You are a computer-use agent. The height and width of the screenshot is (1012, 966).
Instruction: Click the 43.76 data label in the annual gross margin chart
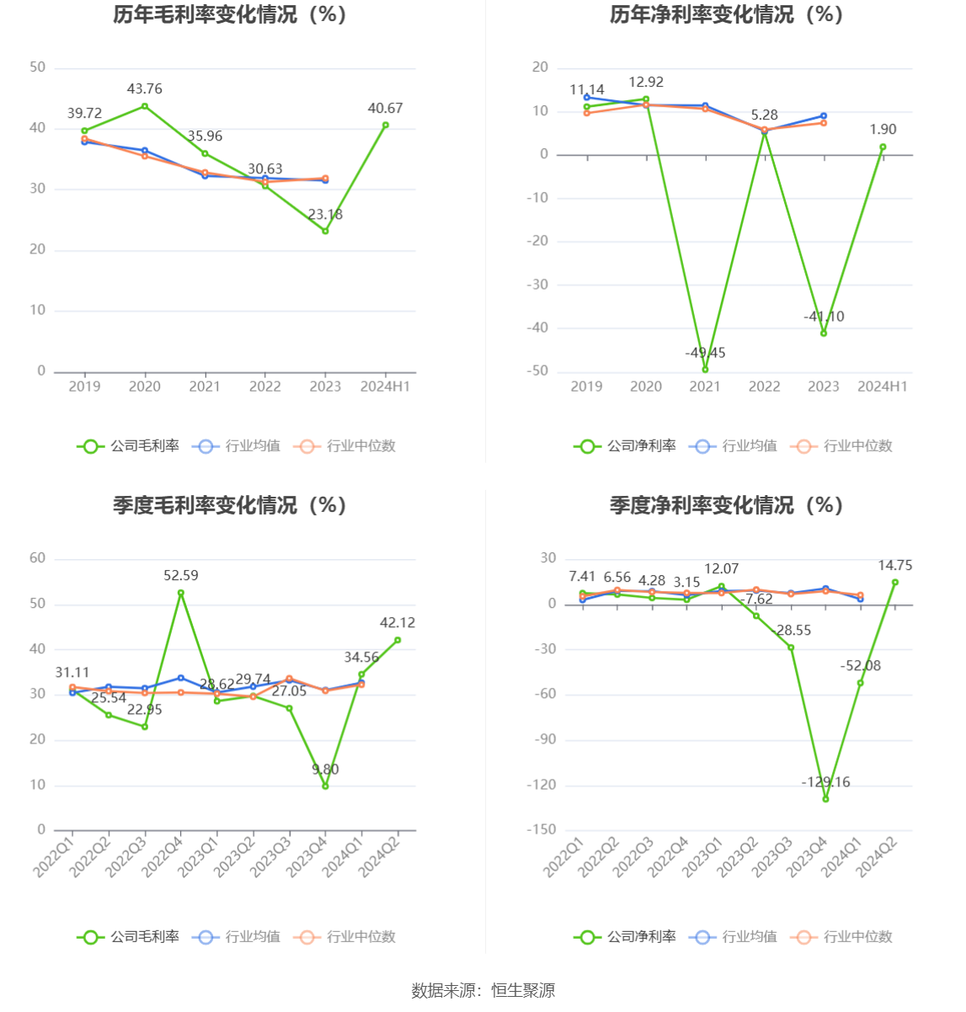pyautogui.click(x=145, y=89)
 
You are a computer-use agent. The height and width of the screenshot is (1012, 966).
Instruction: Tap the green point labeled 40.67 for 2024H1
pyautogui.click(x=386, y=125)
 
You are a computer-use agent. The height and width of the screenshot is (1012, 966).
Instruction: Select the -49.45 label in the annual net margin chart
pyautogui.click(x=705, y=353)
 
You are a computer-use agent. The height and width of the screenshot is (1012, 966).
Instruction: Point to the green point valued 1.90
pyautogui.click(x=883, y=147)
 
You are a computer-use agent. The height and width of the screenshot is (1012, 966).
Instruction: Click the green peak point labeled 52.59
pyautogui.click(x=181, y=593)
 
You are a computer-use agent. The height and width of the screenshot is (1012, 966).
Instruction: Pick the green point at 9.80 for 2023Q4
pyautogui.click(x=325, y=786)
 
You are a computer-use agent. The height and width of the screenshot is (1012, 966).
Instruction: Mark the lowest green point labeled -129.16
pyautogui.click(x=825, y=799)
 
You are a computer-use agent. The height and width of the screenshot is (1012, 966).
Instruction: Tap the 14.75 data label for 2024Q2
pyautogui.click(x=894, y=566)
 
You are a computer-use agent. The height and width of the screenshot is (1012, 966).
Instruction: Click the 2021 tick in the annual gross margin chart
pyautogui.click(x=205, y=386)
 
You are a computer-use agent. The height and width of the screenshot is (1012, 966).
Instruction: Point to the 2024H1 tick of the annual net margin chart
pyautogui.click(x=883, y=386)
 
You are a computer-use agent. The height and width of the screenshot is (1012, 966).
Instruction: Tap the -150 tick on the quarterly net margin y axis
pyautogui.click(x=542, y=830)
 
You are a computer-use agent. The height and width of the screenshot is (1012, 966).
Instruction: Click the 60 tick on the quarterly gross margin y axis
pyautogui.click(x=38, y=558)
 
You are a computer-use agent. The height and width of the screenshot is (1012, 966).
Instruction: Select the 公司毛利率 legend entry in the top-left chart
pyautogui.click(x=129, y=446)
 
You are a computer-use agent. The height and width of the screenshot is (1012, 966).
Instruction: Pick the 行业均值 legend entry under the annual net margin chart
pyautogui.click(x=734, y=446)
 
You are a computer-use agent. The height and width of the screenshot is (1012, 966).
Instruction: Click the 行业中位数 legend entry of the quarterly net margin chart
pyautogui.click(x=841, y=937)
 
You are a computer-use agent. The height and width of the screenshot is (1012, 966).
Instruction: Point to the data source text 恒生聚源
pyautogui.click(x=523, y=991)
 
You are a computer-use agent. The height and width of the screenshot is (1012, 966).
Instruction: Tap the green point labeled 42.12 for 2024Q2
pyautogui.click(x=398, y=640)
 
